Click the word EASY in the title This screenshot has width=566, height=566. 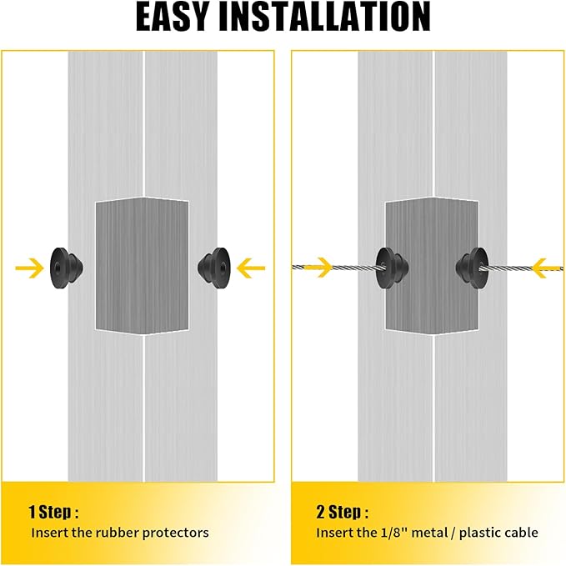[x=173, y=17]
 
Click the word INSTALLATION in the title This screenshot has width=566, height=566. [x=325, y=17]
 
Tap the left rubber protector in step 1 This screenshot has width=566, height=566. [x=66, y=268]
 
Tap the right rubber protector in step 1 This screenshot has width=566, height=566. [x=213, y=268]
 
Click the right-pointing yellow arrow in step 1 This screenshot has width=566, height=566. [x=30, y=268]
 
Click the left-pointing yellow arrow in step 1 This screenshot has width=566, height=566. [x=251, y=268]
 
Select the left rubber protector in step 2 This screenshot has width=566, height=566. [x=392, y=268]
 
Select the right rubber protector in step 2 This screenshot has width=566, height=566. [x=473, y=268]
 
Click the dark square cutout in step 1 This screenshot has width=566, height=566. [x=142, y=266]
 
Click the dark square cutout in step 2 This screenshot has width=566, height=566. [x=432, y=266]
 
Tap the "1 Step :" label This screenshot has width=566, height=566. [x=53, y=512]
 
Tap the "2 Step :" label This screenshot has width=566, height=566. [x=343, y=512]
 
